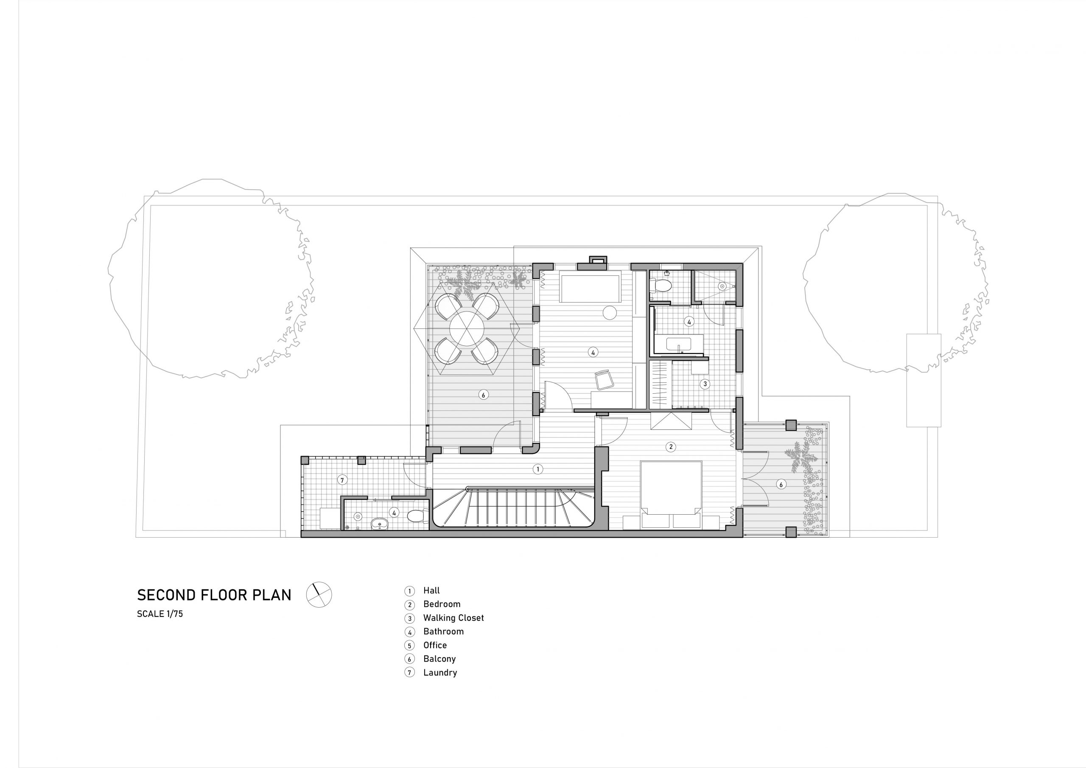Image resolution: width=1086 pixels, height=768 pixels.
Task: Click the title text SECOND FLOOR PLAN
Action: click(214, 595)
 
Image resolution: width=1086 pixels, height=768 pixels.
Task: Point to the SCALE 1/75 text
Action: click(160, 614)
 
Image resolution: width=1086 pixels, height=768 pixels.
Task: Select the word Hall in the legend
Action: click(431, 591)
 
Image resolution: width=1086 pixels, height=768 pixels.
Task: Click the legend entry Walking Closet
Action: click(453, 617)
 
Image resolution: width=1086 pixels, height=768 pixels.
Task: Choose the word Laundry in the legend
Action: click(440, 673)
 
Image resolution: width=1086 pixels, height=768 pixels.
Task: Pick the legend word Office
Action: click(435, 645)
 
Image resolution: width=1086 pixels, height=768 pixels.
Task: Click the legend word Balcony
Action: click(439, 659)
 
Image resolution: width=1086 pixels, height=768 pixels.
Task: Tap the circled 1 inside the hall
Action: click(537, 469)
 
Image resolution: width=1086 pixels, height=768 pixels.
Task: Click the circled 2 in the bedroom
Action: click(670, 447)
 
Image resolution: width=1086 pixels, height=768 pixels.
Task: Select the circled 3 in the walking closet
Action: click(705, 384)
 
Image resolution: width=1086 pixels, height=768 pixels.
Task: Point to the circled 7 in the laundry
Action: click(342, 480)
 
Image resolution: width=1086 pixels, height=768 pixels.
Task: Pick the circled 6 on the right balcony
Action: click(781, 484)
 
